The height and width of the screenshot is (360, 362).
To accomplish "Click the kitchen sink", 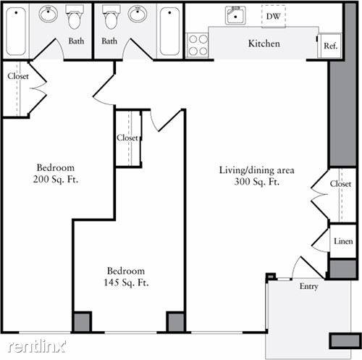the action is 235,15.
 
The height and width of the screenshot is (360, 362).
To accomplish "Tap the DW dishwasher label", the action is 274,17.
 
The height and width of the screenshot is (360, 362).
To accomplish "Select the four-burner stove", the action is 198,45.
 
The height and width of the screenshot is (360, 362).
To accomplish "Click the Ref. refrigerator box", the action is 330,46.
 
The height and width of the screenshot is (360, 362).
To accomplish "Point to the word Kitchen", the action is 264,43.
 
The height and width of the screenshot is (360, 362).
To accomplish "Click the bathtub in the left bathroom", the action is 16,31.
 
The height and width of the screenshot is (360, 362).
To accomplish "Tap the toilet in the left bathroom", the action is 75,17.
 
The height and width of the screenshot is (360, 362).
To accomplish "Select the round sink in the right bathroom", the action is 138,14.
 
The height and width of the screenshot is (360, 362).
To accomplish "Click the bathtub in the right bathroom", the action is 169,31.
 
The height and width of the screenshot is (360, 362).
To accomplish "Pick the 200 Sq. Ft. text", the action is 56,180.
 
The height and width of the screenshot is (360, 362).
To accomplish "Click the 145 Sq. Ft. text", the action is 126,282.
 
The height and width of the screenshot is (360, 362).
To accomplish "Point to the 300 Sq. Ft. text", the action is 257,182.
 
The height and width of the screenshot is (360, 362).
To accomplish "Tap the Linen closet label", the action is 343,241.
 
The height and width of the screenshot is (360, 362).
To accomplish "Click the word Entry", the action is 308,287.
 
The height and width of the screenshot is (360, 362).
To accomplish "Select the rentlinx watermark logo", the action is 37,346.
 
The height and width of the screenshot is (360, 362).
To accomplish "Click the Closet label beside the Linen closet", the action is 340,184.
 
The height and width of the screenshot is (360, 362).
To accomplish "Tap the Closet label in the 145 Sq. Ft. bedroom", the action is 127,138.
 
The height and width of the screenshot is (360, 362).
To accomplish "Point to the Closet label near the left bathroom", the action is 18,76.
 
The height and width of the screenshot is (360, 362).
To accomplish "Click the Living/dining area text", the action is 257,170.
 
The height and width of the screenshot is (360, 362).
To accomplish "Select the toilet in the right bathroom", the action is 111,17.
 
